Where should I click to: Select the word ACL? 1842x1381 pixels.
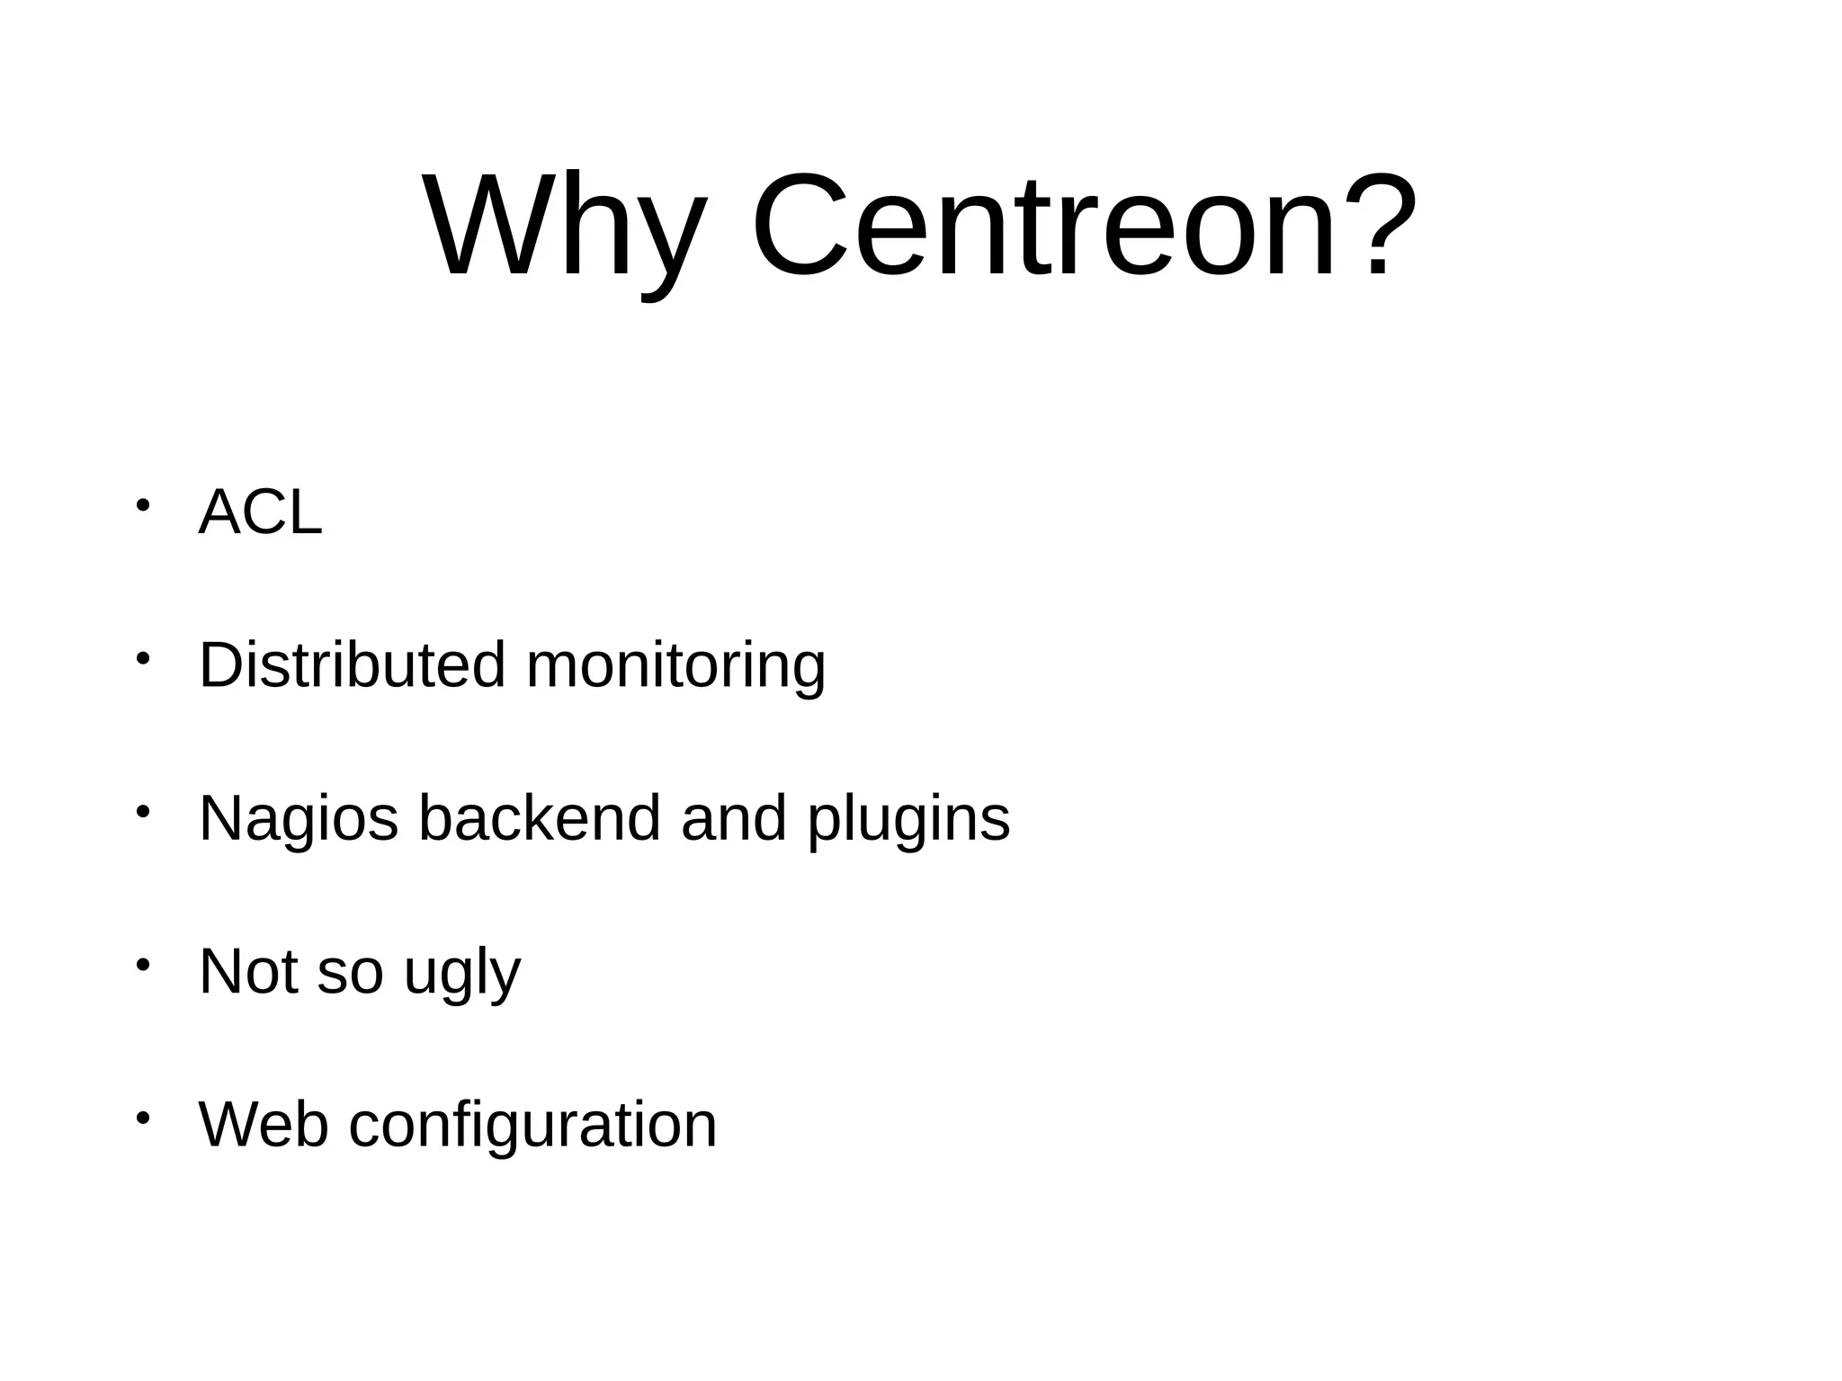pos(260,512)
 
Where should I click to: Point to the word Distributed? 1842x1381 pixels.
pos(352,665)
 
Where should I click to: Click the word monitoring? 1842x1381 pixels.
pos(675,667)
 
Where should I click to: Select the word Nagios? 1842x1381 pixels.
pos(298,820)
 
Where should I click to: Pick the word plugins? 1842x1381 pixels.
pos(908,820)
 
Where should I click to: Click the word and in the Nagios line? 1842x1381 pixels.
pos(734,818)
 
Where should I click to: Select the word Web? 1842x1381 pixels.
pos(263,1124)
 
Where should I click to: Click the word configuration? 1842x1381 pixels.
pos(532,1126)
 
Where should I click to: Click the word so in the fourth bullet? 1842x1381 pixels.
pos(350,973)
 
